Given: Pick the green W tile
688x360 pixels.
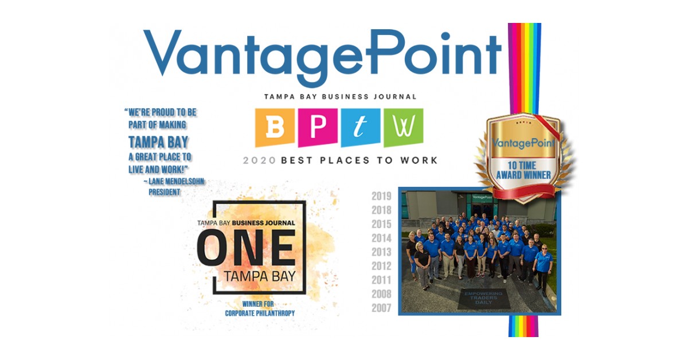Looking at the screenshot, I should tap(403, 128).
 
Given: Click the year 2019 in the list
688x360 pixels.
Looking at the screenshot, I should tap(381, 196).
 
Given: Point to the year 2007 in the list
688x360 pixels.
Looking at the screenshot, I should tap(381, 308).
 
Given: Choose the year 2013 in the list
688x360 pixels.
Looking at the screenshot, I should tap(381, 252).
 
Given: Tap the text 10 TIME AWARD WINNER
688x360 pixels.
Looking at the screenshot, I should tap(523, 170).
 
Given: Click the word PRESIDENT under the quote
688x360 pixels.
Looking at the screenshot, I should tap(165, 192).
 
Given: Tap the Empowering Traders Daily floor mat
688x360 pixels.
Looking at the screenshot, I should tap(482, 298).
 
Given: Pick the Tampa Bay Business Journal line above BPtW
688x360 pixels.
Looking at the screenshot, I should tap(341, 97).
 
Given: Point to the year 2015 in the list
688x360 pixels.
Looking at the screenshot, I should tap(381, 224).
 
